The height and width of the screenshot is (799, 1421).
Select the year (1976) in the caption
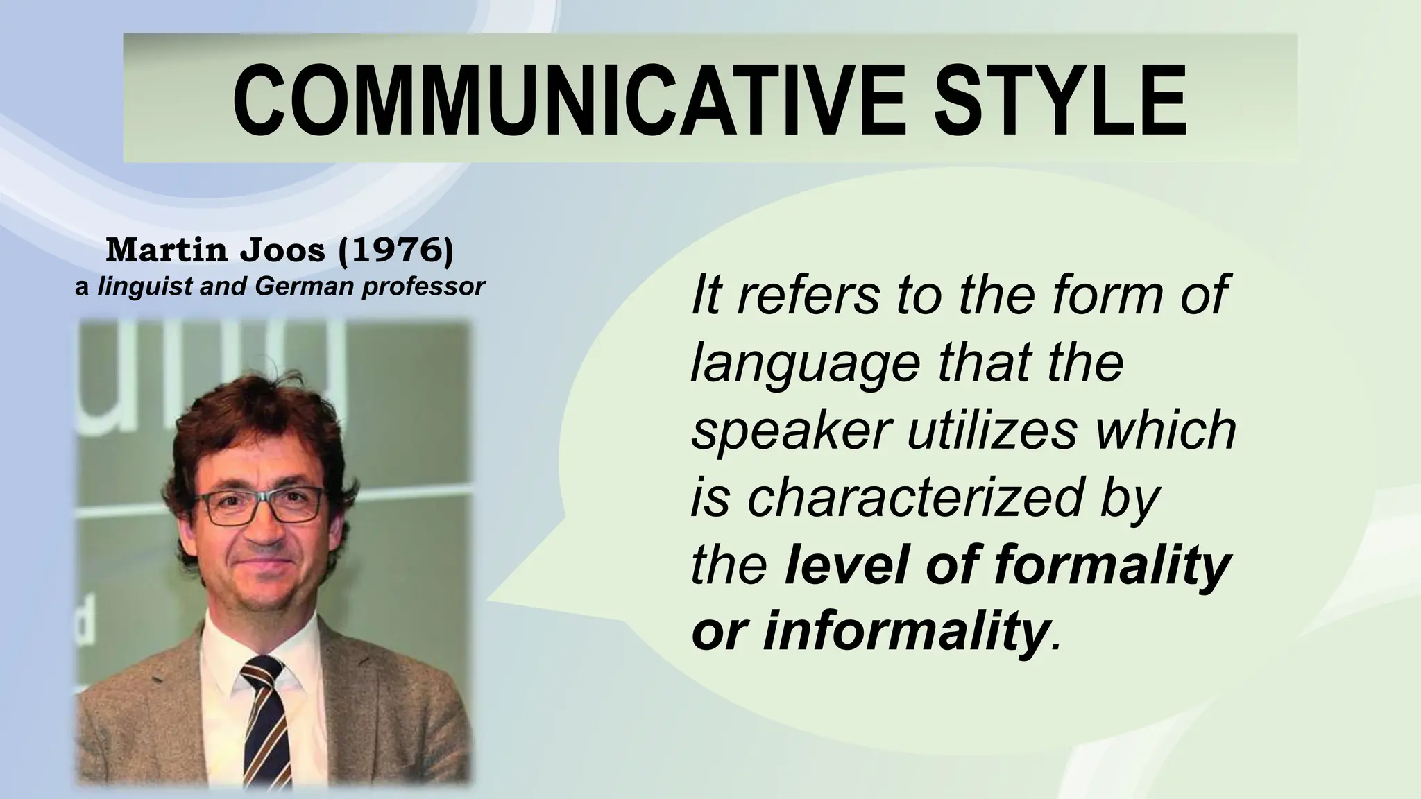pos(395,250)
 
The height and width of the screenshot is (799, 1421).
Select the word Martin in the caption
pos(167,250)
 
